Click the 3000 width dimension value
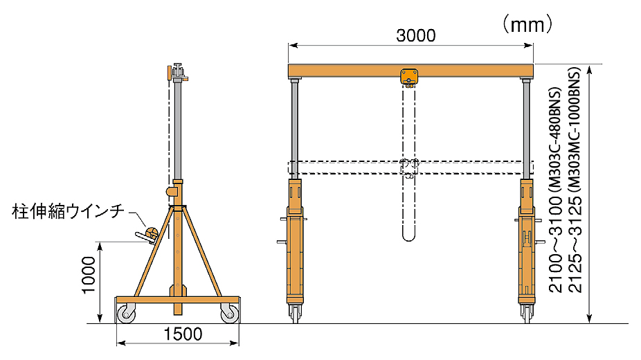point(416,36)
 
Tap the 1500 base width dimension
point(183,334)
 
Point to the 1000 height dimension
point(89,275)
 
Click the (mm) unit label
point(527,24)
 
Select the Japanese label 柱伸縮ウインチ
point(68,212)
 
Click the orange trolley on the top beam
point(409,78)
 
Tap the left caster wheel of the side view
point(126,314)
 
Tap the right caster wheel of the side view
point(229,314)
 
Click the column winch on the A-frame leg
point(148,235)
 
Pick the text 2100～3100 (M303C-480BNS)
point(556,190)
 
